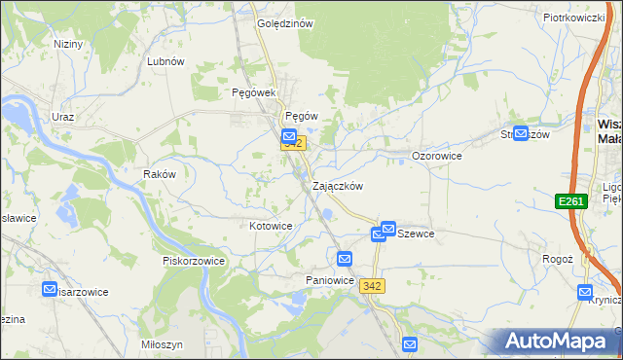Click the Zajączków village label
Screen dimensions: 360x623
pyautogui.click(x=338, y=186)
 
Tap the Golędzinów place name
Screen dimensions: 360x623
pyautogui.click(x=284, y=24)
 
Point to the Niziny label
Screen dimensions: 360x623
pyautogui.click(x=68, y=45)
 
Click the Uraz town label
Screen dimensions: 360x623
pyautogui.click(x=63, y=117)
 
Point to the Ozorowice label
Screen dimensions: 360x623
pyautogui.click(x=436, y=156)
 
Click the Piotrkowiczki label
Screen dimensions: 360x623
pyautogui.click(x=574, y=18)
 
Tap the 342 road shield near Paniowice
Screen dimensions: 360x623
pyautogui.click(x=371, y=285)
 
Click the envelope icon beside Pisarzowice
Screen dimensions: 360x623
pyautogui.click(x=51, y=289)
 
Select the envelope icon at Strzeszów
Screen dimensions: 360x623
pyautogui.click(x=520, y=134)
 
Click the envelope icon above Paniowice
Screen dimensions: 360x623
pyautogui.click(x=345, y=259)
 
